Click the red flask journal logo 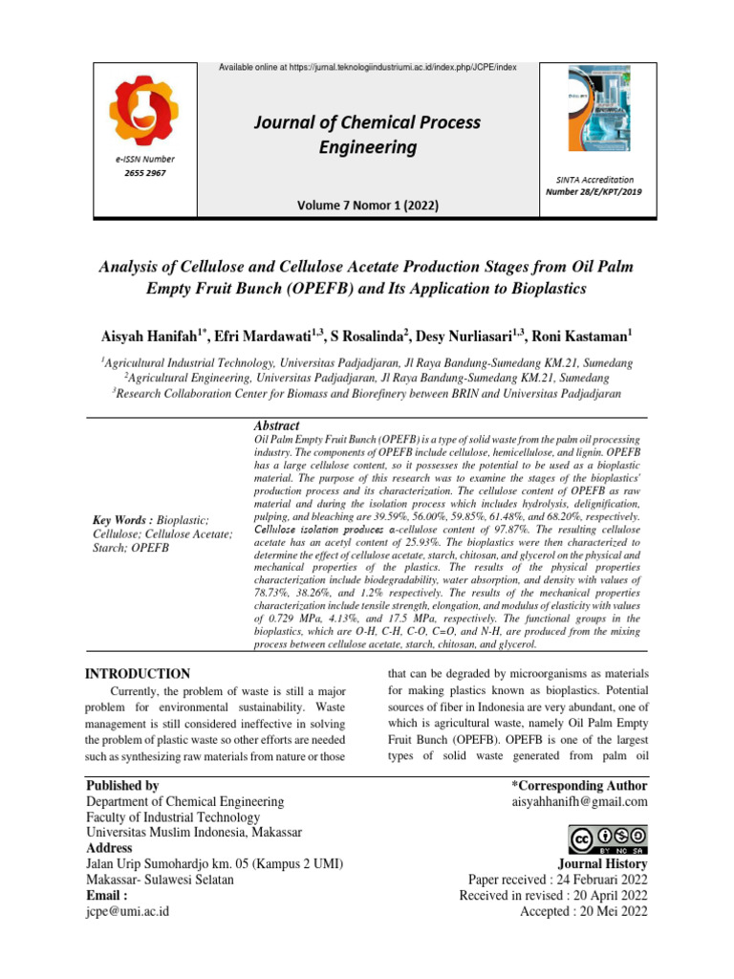coord(147,109)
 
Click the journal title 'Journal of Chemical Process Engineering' coord(367,135)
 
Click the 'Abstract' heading coord(276,424)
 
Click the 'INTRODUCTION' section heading coord(138,674)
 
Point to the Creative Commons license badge coord(608,839)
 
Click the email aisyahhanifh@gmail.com coord(578,801)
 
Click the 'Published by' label coord(122,785)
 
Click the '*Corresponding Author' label coord(580,785)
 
